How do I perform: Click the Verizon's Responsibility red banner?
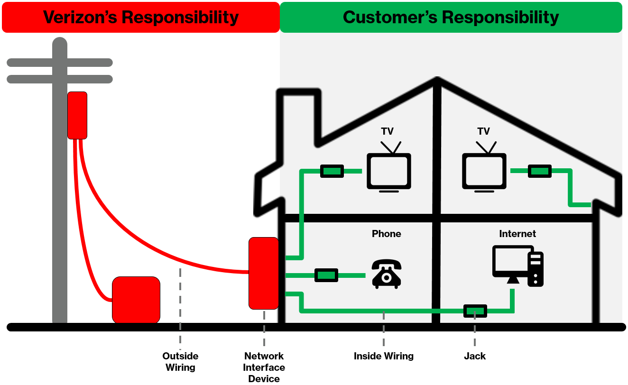(141, 17)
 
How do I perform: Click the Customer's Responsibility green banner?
(451, 17)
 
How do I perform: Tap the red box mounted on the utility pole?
(77, 115)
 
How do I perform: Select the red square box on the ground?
(136, 300)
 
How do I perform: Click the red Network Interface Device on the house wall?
(263, 273)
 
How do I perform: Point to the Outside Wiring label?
(180, 362)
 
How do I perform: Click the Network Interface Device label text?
(264, 367)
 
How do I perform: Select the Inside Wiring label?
(384, 356)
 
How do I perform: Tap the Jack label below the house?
(475, 356)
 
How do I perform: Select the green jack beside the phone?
(326, 275)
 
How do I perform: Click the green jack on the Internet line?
(475, 311)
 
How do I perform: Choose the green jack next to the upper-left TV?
(332, 171)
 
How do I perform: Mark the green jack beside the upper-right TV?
(540, 171)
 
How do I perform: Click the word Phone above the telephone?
(386, 234)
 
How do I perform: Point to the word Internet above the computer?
(517, 234)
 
